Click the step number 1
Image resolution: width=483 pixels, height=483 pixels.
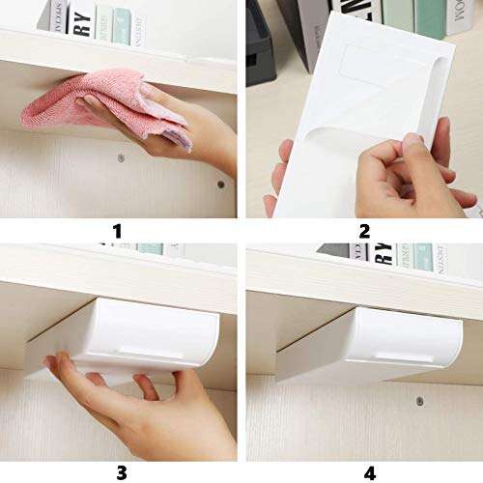[x=117, y=230]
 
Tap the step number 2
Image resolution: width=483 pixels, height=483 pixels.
[x=364, y=230]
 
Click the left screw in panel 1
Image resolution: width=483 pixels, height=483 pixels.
[x=120, y=156]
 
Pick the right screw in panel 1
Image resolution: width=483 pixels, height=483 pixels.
[x=220, y=184]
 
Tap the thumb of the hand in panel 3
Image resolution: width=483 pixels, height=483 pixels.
[x=146, y=386]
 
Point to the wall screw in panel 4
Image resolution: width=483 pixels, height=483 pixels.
[x=418, y=401]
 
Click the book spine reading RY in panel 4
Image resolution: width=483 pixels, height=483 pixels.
[x=384, y=253]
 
